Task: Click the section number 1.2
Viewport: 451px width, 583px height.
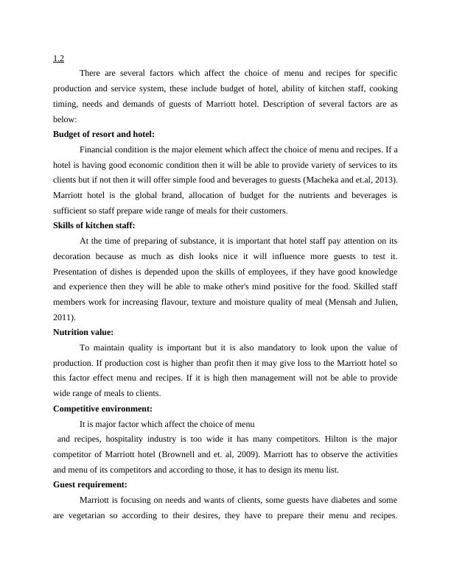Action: click(x=58, y=59)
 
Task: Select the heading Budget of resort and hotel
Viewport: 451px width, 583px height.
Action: click(x=104, y=134)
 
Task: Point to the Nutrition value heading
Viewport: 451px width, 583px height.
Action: click(x=83, y=332)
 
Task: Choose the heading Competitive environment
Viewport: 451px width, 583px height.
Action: click(x=102, y=408)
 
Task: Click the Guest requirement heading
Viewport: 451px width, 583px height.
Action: click(x=91, y=484)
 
